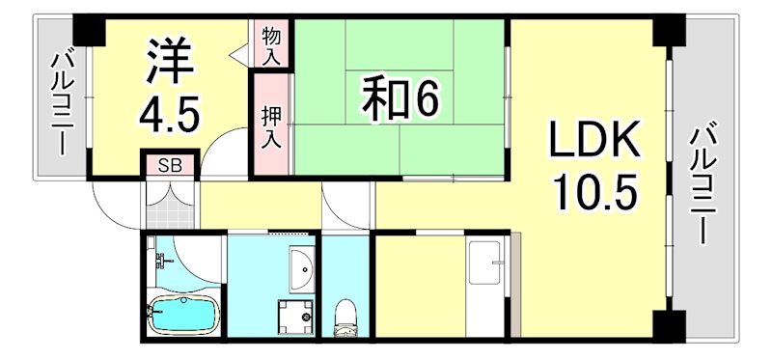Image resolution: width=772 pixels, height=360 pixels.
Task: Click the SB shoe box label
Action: (169, 165)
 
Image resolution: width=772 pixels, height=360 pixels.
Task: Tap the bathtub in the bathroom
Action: (184, 313)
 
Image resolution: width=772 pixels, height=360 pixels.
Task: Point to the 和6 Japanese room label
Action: (395, 99)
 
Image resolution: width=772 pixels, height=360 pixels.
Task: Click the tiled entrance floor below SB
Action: (171, 204)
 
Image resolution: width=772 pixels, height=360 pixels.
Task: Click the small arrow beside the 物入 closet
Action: (237, 55)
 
